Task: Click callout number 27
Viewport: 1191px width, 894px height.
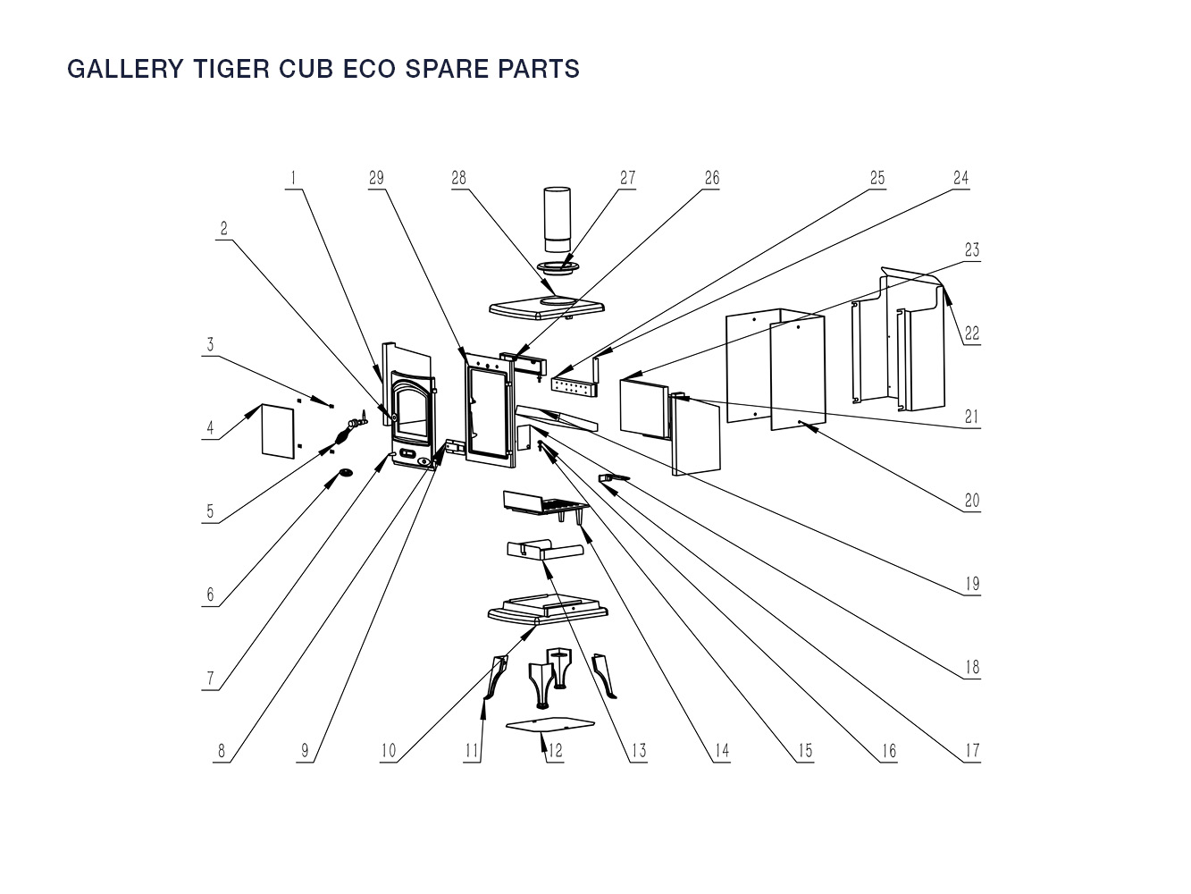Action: click(627, 177)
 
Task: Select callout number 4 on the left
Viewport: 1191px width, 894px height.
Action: click(211, 428)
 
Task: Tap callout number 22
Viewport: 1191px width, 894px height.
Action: click(971, 333)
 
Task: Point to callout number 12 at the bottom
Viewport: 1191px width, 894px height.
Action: click(555, 750)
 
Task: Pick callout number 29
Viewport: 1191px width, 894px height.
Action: click(376, 177)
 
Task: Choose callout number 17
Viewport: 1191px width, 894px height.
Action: click(971, 750)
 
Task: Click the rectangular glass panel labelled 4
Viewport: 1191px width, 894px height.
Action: click(278, 429)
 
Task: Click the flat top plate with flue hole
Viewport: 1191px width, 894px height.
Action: click(545, 308)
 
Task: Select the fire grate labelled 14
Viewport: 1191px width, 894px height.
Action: click(541, 506)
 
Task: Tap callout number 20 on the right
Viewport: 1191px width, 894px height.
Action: click(971, 500)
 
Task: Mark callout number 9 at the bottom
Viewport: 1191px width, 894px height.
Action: click(305, 750)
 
